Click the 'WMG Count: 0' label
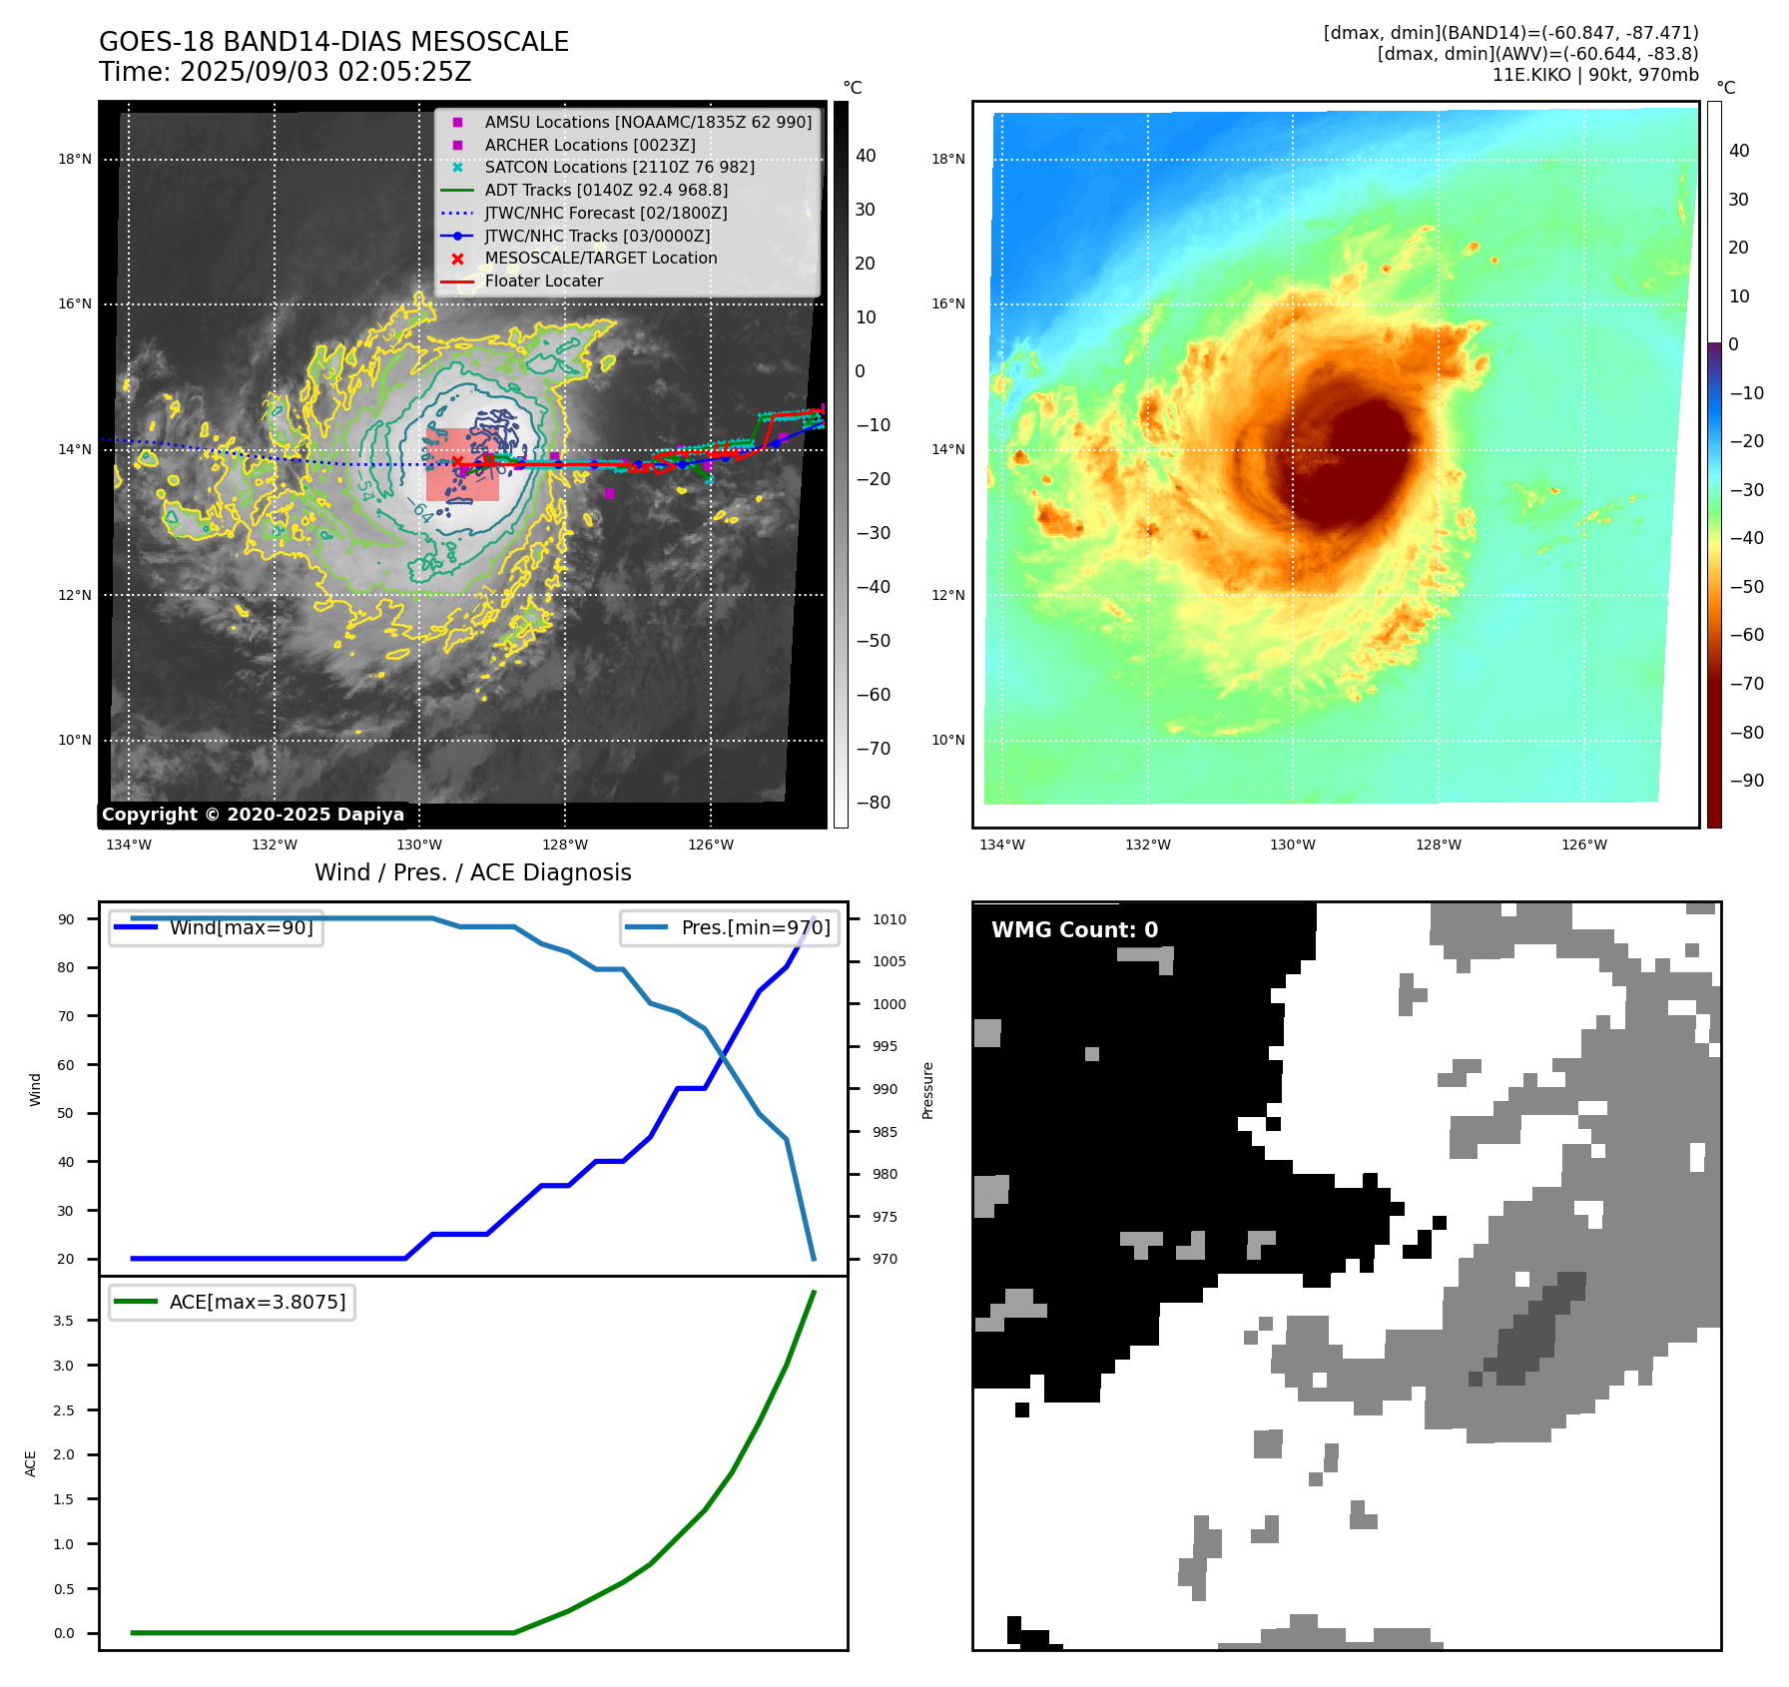[1074, 930]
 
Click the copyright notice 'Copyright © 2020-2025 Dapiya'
[253, 815]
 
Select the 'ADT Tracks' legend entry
[606, 190]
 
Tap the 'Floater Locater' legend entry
[543, 281]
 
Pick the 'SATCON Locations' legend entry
[619, 167]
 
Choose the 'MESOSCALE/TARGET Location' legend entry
[600, 258]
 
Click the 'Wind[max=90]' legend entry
[241, 927]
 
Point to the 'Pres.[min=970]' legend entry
[755, 927]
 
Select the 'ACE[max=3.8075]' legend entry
[257, 1302]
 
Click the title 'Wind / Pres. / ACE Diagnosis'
[473, 872]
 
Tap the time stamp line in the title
[285, 72]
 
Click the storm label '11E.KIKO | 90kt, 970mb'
[1594, 75]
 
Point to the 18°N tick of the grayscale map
[75, 159]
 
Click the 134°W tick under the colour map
[1001, 844]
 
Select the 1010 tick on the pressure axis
[889, 919]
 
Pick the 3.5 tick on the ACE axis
[64, 1321]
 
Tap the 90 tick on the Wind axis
[66, 919]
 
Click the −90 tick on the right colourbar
[1746, 781]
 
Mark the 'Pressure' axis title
[927, 1090]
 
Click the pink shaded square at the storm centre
[462, 465]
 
